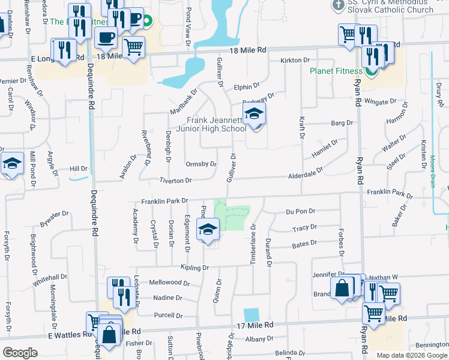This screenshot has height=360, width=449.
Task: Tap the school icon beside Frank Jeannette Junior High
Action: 254,113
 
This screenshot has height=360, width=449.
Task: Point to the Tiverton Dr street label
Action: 175,181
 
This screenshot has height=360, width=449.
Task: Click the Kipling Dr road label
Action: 194,267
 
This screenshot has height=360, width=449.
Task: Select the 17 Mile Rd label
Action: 255,325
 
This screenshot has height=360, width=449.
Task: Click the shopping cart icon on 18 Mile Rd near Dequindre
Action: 134,46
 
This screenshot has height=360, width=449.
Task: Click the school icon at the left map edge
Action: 11,163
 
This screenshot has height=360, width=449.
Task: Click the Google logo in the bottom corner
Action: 20,352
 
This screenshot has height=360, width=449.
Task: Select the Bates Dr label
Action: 304,244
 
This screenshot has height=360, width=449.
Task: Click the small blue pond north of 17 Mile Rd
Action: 252,315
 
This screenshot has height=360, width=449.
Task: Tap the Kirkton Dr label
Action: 295,61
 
